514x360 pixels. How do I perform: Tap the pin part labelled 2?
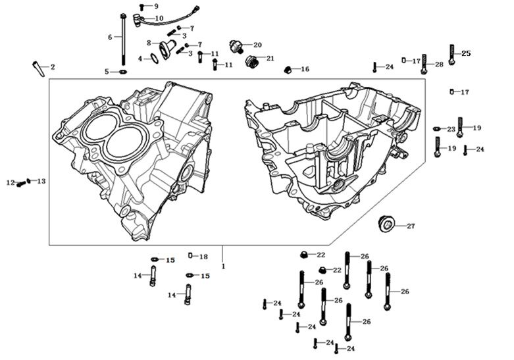[37, 67]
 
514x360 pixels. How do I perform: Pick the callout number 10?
[159, 18]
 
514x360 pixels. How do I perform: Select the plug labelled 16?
[288, 69]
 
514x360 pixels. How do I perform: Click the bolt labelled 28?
[424, 63]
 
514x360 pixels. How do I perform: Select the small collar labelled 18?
[190, 256]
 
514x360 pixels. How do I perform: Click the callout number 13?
[41, 181]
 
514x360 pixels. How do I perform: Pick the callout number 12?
[10, 182]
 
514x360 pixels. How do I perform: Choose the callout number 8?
[149, 43]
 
